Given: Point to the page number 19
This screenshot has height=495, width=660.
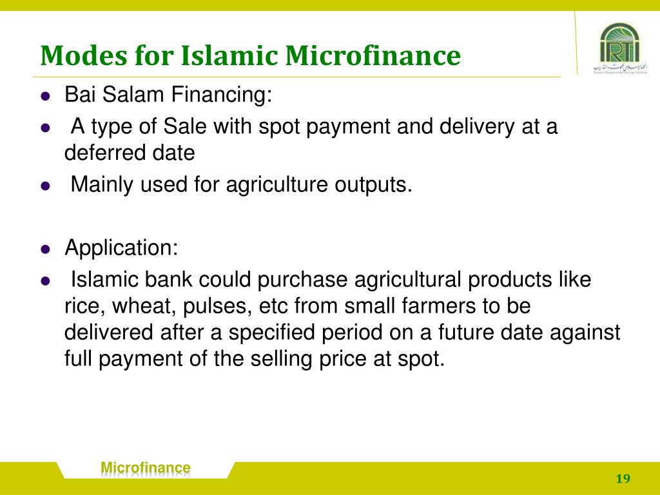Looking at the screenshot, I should tap(623, 478).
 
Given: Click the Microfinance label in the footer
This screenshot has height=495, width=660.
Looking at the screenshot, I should tap(146, 468).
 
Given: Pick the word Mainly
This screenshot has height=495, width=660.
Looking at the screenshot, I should tap(101, 185).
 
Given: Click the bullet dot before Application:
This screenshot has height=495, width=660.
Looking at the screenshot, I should tap(45, 248).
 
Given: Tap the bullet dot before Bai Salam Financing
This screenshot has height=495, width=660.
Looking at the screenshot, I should tap(45, 97).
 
